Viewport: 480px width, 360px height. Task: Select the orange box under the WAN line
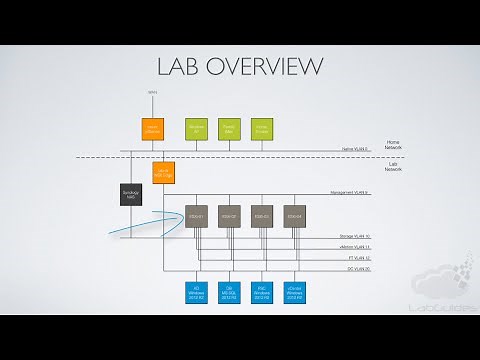click(152, 128)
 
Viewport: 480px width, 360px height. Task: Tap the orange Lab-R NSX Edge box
click(163, 172)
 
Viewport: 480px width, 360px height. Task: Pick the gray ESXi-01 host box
click(196, 215)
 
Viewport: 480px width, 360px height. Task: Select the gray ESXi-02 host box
click(229, 215)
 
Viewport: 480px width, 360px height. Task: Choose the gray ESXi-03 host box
click(262, 215)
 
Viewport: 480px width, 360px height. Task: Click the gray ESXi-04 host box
click(294, 215)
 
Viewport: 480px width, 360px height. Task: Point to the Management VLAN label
click(350, 192)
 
